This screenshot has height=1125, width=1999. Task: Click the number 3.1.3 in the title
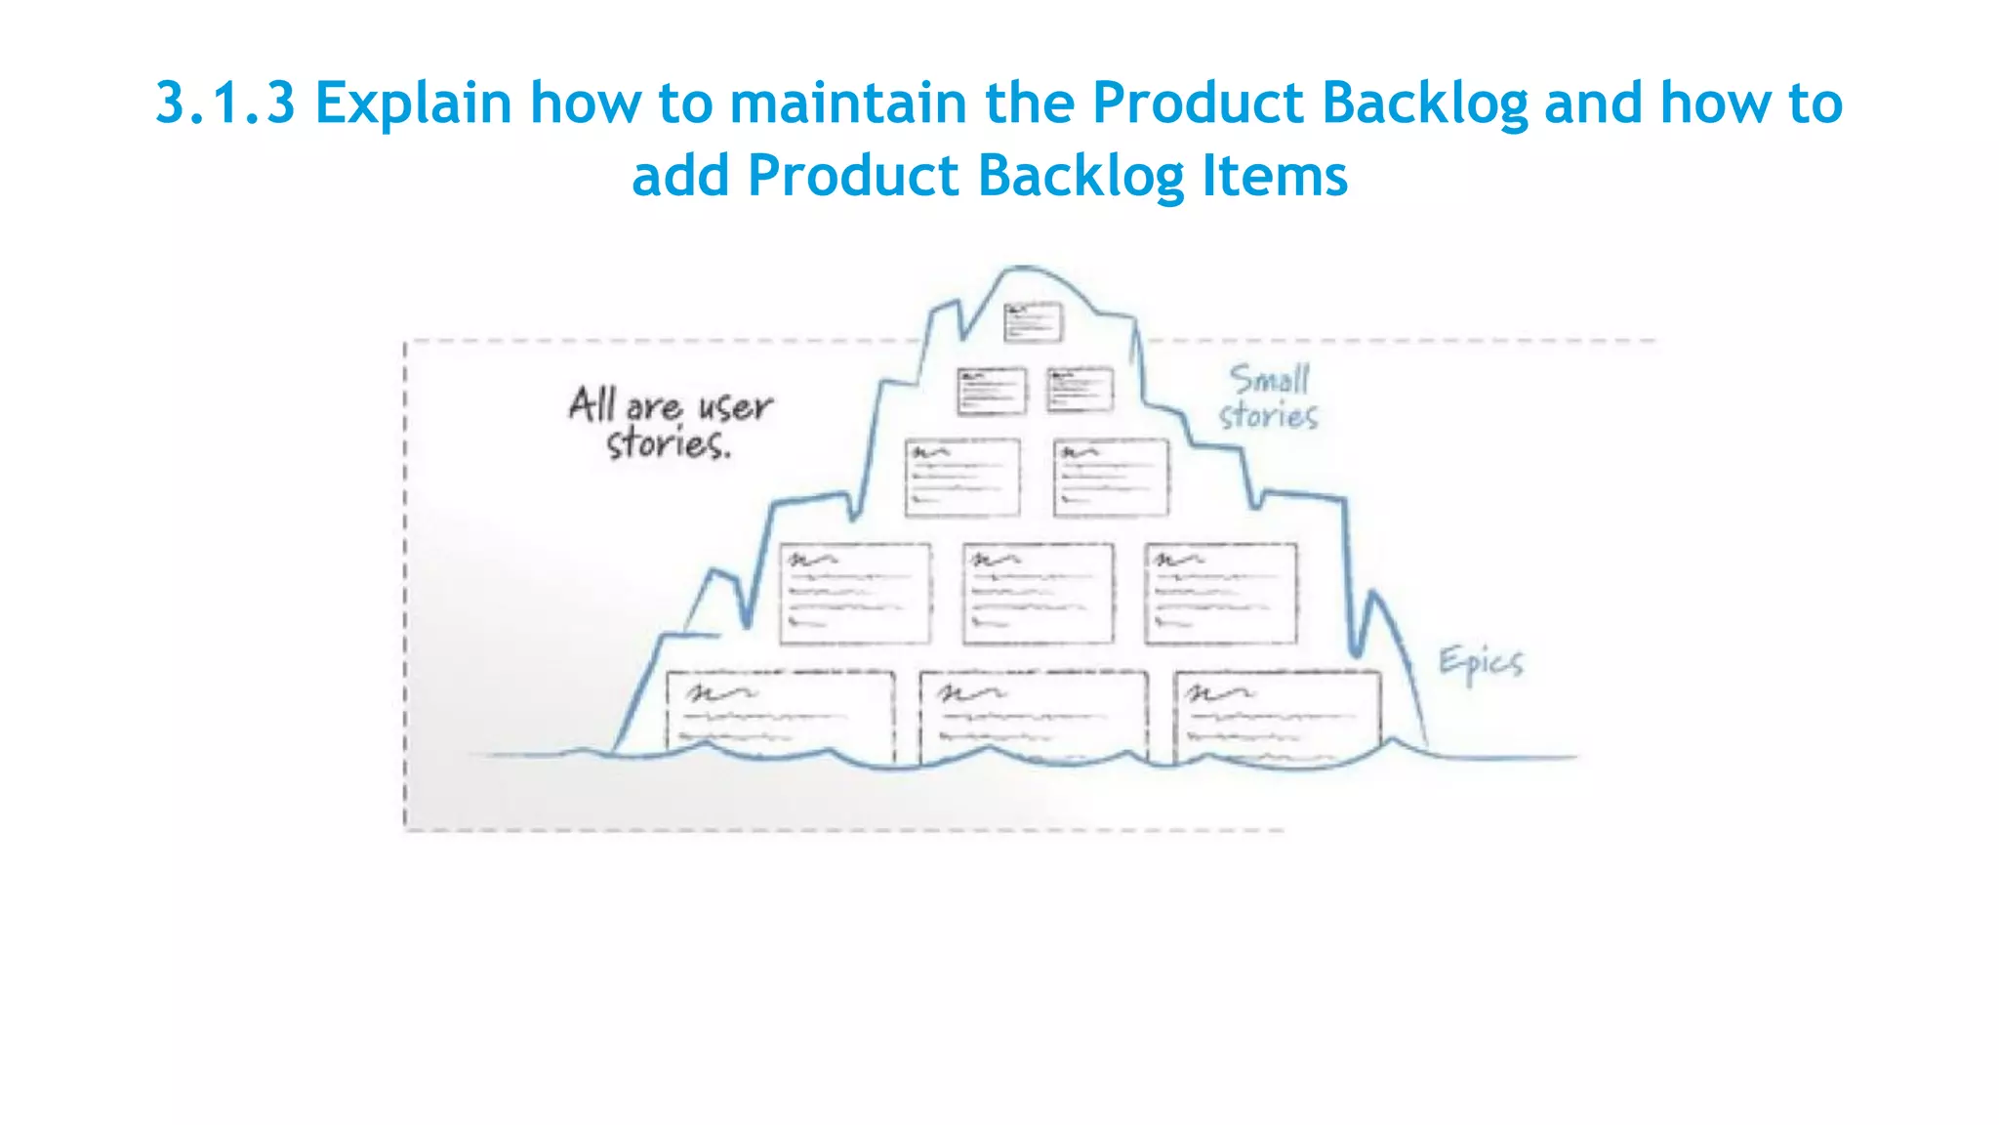click(225, 103)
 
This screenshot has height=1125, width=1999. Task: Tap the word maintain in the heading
click(848, 103)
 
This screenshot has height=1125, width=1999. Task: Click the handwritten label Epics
click(1480, 663)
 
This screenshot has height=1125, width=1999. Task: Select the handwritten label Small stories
click(1268, 396)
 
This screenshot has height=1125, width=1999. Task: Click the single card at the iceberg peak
click(1033, 322)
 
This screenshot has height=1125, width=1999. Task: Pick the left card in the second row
click(992, 391)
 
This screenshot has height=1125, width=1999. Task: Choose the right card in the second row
click(1080, 390)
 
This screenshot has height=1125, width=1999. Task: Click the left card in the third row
click(962, 477)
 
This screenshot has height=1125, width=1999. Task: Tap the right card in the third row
click(1111, 477)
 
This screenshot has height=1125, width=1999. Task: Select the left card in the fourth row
click(855, 593)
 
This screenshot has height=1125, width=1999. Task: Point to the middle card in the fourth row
click(1038, 593)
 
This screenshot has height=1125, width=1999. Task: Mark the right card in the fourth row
click(1220, 593)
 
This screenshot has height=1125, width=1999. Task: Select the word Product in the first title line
click(1198, 103)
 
